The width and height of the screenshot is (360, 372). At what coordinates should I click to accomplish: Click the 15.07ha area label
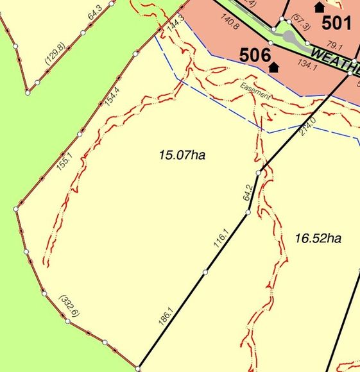(182, 155)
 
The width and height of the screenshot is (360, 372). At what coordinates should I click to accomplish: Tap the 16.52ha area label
(317, 239)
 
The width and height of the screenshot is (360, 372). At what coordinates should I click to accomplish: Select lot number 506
(254, 55)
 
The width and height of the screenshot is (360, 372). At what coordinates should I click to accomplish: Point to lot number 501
(336, 24)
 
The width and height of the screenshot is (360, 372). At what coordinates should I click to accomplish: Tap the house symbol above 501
(319, 7)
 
